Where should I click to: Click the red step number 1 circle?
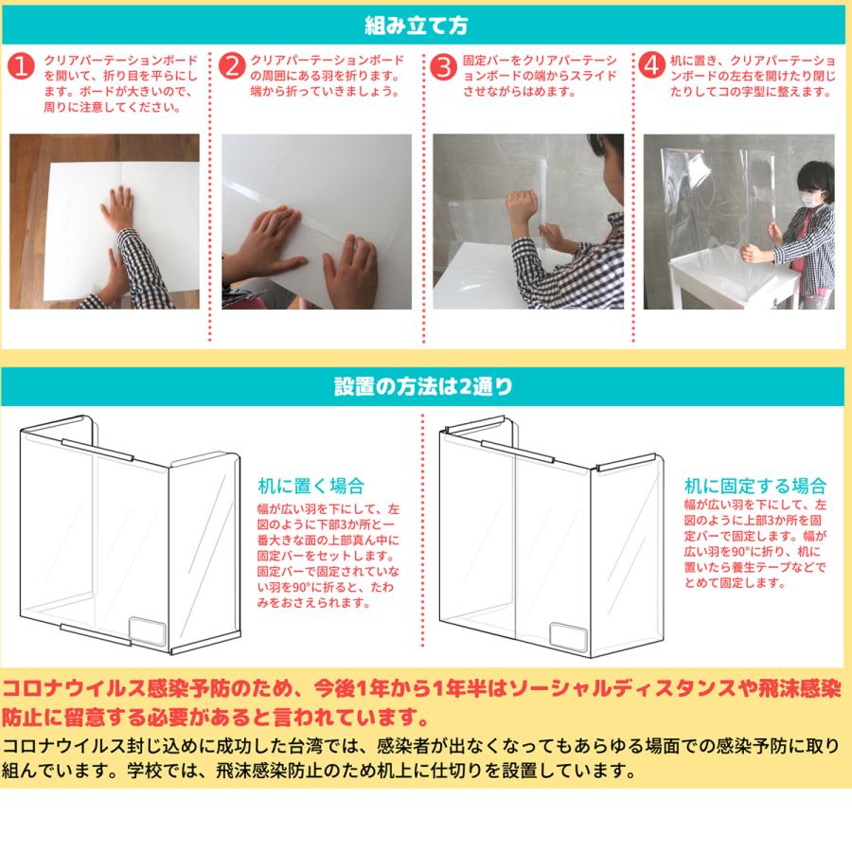[x=21, y=66]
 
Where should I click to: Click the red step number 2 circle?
[x=232, y=66]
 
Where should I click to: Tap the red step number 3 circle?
[x=443, y=66]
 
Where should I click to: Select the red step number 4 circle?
[x=651, y=65]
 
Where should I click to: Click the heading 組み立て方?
[x=417, y=25]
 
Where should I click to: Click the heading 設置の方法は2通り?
[x=423, y=386]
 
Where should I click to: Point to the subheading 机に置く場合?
[x=311, y=486]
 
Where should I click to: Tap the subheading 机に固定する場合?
[x=755, y=486]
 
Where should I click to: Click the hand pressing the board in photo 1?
[x=116, y=206]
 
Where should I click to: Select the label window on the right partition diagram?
[x=568, y=637]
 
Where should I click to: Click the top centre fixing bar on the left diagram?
[x=98, y=450]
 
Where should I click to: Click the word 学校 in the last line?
[x=145, y=771]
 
